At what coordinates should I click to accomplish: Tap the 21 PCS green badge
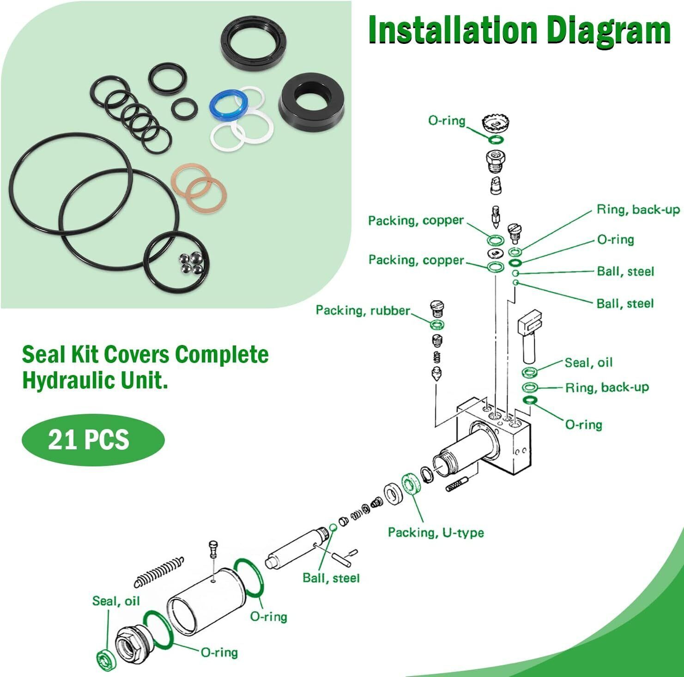93,439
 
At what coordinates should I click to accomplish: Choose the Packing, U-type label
436,532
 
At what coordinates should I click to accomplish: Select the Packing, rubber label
363,310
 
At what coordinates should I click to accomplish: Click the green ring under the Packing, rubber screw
437,324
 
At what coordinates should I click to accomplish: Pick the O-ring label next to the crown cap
447,121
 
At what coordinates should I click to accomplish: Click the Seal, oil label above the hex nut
115,601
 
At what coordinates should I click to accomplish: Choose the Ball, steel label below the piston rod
331,578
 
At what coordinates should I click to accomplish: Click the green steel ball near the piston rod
333,527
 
